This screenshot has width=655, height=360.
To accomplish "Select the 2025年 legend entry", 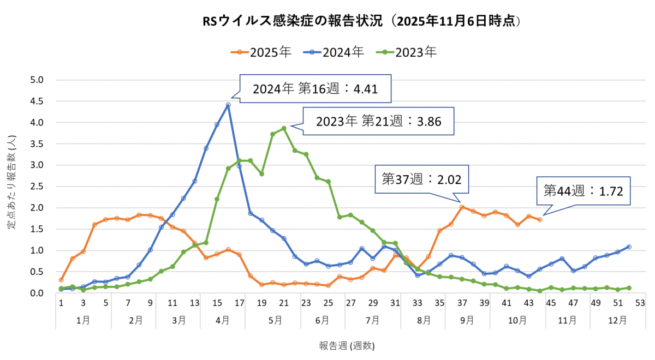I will click(x=261, y=52).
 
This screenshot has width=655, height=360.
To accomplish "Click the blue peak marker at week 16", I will click(x=228, y=105).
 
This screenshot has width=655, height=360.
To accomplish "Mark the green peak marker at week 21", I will click(x=284, y=128).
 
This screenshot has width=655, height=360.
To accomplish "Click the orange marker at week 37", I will click(x=462, y=207).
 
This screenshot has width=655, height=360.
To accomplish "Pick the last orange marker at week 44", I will click(x=540, y=220).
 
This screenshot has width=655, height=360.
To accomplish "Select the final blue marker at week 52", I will click(x=629, y=247).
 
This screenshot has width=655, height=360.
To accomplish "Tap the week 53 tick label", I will click(x=640, y=303).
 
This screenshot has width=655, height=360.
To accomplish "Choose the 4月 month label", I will click(x=222, y=320).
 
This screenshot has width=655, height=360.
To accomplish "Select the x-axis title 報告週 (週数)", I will click(x=347, y=345).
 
